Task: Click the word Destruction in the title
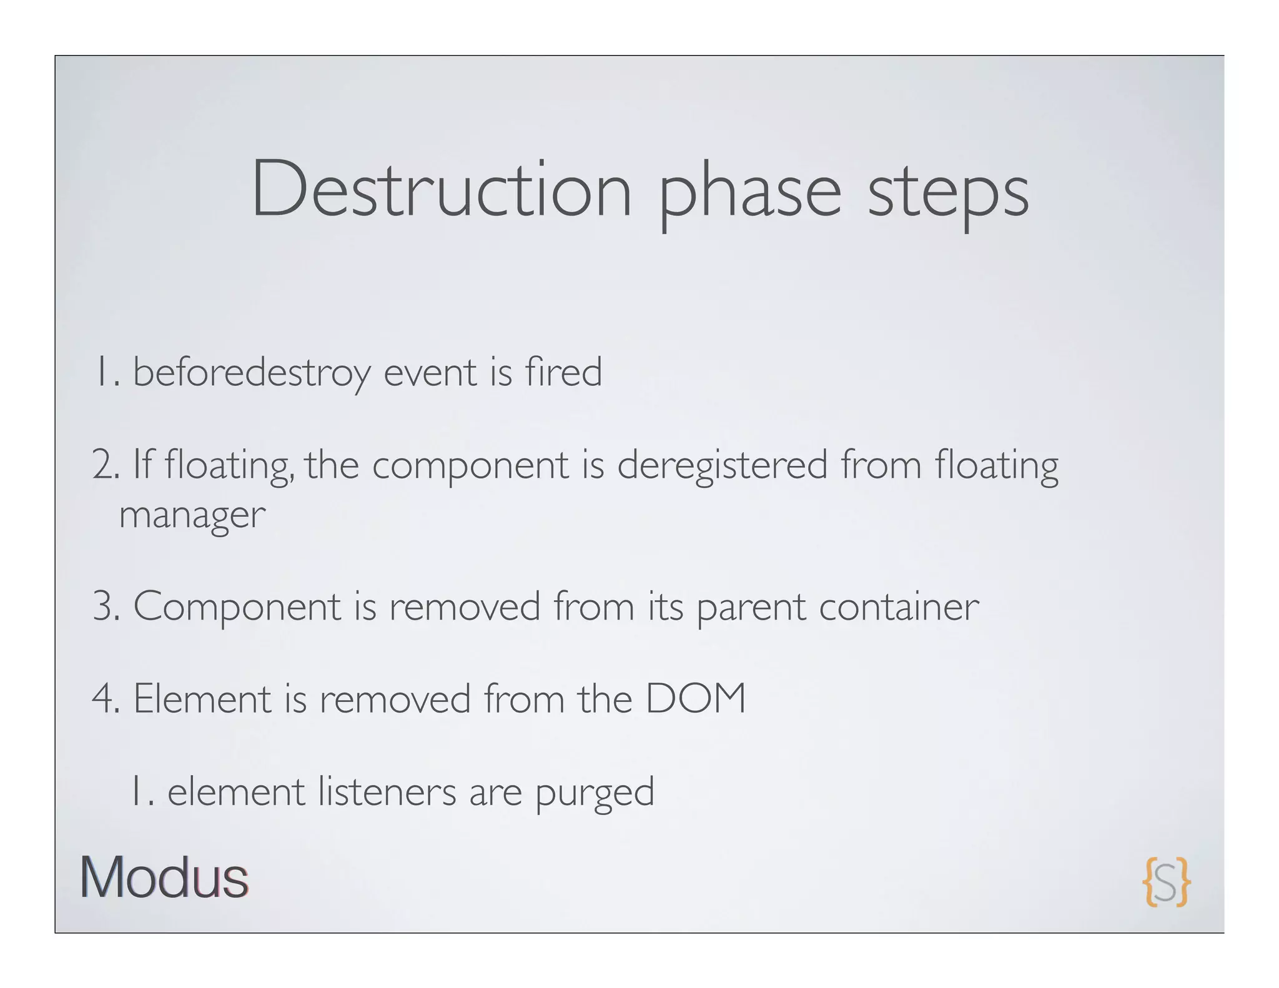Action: pos(442,189)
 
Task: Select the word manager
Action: pos(192,516)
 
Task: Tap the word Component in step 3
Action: pos(237,607)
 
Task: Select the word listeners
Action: pos(387,791)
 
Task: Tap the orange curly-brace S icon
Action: pos(1166,881)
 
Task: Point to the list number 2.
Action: pos(103,466)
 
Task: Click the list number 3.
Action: pos(103,607)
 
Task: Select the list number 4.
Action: pos(104,699)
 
